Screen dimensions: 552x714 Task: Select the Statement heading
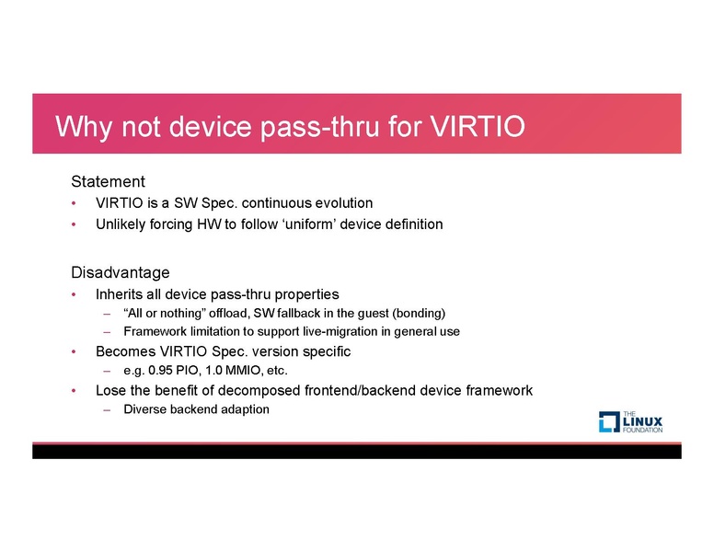(108, 181)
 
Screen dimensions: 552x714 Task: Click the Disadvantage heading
(121, 272)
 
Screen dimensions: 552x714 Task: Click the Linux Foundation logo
(630, 421)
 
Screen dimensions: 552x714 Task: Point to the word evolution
(340, 202)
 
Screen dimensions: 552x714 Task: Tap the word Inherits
(121, 294)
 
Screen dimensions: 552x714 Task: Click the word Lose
(111, 390)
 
